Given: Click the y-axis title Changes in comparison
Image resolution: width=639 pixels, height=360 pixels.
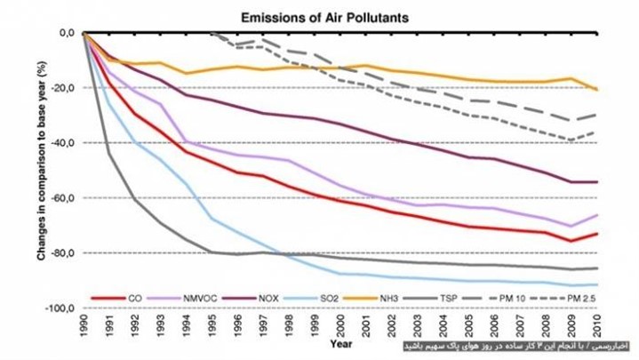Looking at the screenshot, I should tap(40, 170).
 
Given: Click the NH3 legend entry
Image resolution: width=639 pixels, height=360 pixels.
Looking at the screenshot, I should tap(396, 297).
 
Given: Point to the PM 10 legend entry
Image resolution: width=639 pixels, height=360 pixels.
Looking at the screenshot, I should tap(523, 297).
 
